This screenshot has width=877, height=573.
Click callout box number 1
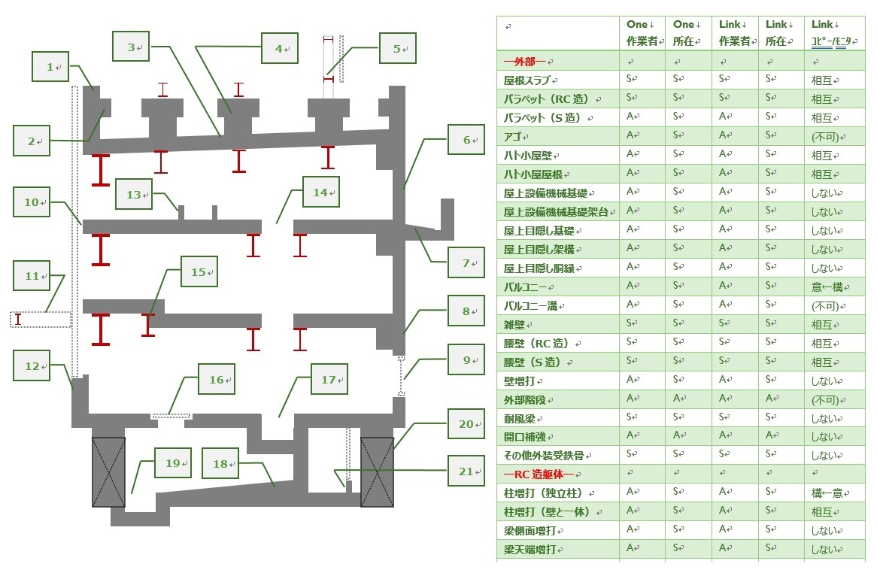point(50,67)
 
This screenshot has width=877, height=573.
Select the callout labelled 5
point(397,50)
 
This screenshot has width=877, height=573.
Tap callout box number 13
point(134,195)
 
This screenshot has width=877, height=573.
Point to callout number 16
point(217,380)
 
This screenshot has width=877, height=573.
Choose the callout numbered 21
point(466,471)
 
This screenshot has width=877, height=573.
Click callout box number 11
point(32,277)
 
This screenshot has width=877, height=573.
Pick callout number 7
point(466,262)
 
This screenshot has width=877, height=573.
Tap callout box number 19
point(173,463)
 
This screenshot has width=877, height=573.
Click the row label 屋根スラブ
point(531,80)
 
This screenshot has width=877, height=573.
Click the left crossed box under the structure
point(108,471)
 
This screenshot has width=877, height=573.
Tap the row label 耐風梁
point(520,418)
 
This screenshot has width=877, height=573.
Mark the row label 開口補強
point(525,437)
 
